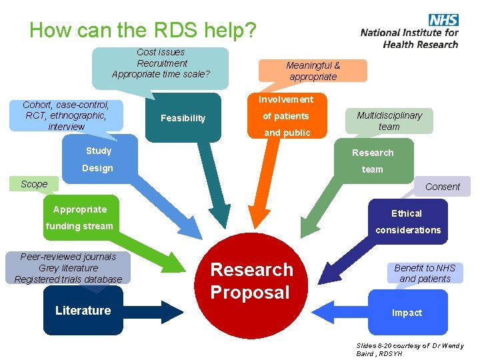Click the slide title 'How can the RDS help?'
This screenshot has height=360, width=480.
pos(142,30)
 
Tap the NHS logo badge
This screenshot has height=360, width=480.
pos(443,21)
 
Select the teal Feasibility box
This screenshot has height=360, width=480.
pos(183,118)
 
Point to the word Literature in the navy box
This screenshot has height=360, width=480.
pos(83,310)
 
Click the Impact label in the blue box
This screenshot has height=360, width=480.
pos(407,313)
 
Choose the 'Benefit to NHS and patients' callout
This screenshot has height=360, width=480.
pos(425,273)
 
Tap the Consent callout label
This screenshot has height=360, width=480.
pos(443,187)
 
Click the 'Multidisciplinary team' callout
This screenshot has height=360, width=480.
pos(389,120)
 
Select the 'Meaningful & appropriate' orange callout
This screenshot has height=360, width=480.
pos(313,71)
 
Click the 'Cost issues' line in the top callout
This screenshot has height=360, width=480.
pos(161,52)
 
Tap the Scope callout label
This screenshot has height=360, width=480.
pos(34,184)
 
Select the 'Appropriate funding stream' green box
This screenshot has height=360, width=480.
pos(80,217)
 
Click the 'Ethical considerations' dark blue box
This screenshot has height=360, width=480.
pos(407,221)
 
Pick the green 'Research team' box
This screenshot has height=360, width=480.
pos(373,160)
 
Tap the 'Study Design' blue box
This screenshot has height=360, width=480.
pos(97,159)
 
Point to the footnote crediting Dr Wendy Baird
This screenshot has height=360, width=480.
pos(409,349)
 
